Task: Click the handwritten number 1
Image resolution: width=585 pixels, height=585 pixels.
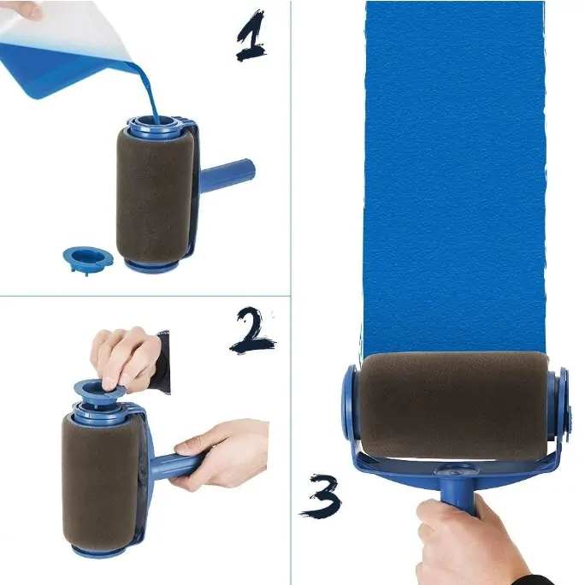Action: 251,37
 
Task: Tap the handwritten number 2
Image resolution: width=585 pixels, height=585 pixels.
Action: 252,330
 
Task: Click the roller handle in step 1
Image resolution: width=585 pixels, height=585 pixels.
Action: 227,173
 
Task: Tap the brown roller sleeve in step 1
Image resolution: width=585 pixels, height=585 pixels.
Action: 155,195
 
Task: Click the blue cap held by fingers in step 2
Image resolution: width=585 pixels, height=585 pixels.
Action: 100,389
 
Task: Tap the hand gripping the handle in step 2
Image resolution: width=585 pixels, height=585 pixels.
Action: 220,453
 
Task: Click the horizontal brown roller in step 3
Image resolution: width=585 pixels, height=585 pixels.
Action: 453,406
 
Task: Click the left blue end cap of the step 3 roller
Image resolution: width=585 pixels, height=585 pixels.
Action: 350,402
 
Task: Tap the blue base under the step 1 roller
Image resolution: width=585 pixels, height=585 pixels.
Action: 151,266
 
